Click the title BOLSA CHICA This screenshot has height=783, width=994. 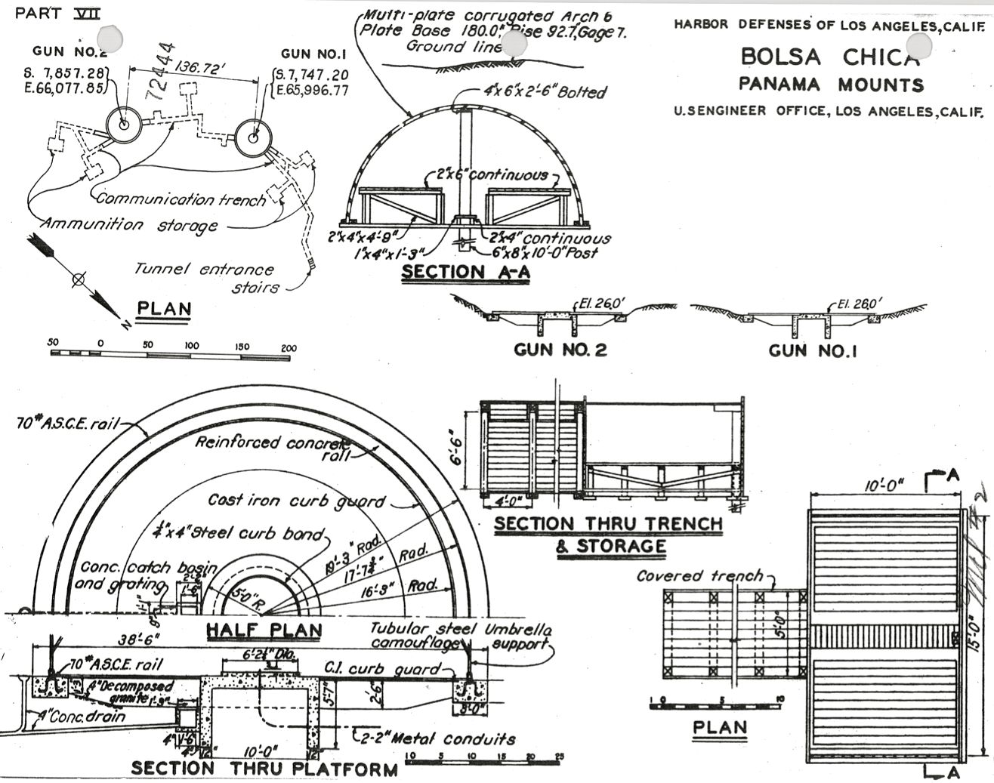coord(829,57)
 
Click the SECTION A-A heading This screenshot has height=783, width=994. coord(465,273)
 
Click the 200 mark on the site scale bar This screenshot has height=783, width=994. coord(288,347)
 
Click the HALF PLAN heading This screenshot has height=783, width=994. coord(264,630)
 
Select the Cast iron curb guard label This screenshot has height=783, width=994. coord(296,501)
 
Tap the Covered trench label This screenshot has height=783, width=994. coord(699,576)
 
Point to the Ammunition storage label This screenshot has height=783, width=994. coord(129,225)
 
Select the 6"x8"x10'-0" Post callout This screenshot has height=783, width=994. coord(543,253)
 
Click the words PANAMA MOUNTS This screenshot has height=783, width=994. coord(831,85)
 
